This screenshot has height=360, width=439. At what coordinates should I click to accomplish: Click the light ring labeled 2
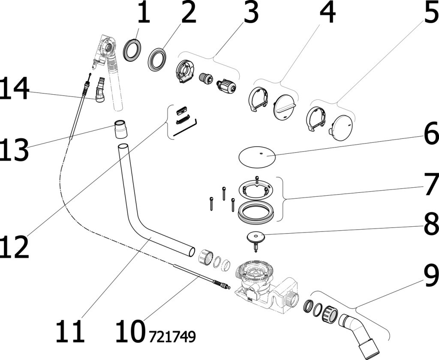[157, 59]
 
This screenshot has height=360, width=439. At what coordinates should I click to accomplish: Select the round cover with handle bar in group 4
[285, 107]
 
